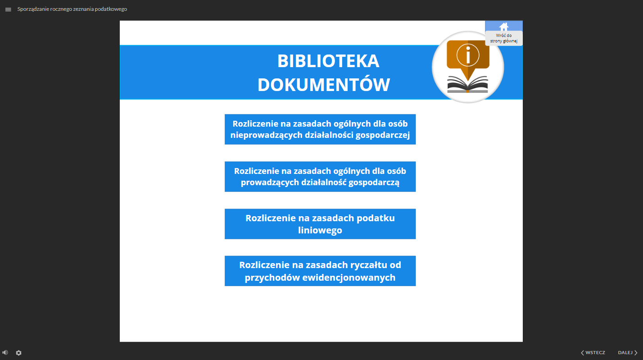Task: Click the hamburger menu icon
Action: (8, 9)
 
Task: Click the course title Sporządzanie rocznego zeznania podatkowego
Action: (72, 9)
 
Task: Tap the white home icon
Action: (504, 27)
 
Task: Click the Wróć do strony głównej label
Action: (504, 38)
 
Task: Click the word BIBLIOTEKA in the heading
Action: (328, 61)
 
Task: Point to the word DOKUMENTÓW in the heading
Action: (323, 85)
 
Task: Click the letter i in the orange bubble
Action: (468, 55)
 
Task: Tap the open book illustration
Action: (467, 84)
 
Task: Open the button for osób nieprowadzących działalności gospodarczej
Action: (320, 129)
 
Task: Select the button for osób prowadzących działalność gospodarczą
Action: (320, 177)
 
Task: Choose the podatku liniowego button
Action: (320, 224)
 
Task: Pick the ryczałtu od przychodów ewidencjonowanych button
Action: (320, 271)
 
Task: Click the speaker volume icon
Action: (5, 352)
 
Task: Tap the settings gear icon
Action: (18, 353)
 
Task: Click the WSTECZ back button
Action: (593, 352)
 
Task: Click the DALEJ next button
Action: (628, 352)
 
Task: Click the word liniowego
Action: (320, 230)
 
